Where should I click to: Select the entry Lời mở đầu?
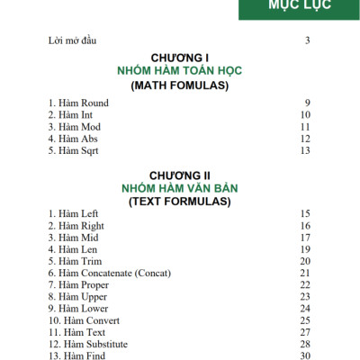[72, 40]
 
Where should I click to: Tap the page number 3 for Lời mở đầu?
[308, 40]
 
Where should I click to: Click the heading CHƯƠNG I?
[180, 58]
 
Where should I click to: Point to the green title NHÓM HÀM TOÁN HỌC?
[180, 71]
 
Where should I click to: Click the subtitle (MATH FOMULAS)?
[180, 85]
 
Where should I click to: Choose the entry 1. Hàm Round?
[78, 103]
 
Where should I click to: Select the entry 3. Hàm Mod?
[75, 128]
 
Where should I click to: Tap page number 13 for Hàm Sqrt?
[305, 151]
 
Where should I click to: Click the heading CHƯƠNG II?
[180, 175]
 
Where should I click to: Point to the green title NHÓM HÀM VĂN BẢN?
[180, 188]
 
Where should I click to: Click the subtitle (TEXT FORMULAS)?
[180, 202]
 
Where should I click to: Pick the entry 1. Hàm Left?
[74, 213]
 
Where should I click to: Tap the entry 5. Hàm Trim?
[75, 261]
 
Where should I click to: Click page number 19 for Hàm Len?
[305, 249]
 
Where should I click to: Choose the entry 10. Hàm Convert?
[84, 320]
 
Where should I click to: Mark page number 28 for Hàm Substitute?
[305, 344]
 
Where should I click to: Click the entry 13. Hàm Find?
[77, 355]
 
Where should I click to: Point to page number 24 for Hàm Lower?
[305, 309]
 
